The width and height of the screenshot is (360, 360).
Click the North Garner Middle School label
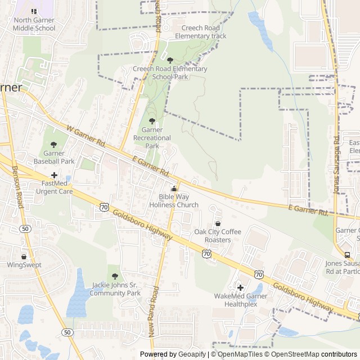[34, 24]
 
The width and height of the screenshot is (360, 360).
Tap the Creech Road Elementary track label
[200, 31]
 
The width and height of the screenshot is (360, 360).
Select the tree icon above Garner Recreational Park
[151, 121]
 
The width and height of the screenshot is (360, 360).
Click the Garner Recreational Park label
[152, 138]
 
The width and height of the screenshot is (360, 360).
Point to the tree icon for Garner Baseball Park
[54, 145]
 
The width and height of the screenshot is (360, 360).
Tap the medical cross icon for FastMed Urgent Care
[54, 175]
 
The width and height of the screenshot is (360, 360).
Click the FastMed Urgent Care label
[54, 187]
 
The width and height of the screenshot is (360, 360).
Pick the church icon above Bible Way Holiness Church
[174, 189]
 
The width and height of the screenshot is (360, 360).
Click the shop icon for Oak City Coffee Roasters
[218, 224]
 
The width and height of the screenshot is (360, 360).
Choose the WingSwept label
[24, 264]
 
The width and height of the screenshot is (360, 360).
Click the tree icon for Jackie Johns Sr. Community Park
[115, 276]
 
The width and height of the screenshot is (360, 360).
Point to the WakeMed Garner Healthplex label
[240, 300]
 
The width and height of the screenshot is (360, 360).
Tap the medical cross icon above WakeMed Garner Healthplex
[240, 288]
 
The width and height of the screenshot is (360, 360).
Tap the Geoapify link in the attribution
[192, 354]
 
